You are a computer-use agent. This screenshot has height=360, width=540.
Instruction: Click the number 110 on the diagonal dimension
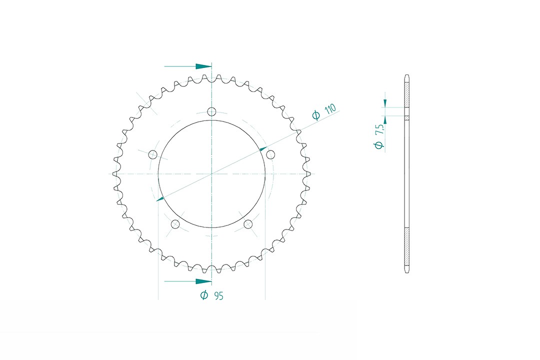tap(330, 110)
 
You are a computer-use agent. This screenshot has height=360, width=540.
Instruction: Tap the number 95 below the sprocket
tap(218, 295)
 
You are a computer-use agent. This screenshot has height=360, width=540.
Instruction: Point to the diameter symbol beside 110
tap(316, 116)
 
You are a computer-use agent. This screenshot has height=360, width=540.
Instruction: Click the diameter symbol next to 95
tap(204, 295)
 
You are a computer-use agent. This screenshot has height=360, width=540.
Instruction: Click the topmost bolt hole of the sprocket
tap(211, 111)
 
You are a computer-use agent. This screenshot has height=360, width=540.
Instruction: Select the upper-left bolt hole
tap(152, 153)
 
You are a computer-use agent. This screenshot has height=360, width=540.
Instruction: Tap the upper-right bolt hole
tap(270, 153)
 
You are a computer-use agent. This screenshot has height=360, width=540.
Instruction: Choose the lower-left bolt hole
tap(175, 224)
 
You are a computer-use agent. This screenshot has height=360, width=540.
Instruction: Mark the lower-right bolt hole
tap(248, 224)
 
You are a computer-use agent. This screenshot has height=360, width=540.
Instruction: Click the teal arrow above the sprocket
tap(203, 66)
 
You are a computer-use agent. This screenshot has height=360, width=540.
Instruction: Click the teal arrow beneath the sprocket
tap(203, 282)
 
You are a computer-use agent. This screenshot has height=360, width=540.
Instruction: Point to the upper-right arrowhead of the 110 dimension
tap(262, 148)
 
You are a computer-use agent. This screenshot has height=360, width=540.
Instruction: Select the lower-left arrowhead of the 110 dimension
tap(160, 199)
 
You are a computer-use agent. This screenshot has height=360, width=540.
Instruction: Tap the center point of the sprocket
tap(211, 173)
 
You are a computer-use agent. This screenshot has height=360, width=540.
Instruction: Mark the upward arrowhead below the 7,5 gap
tap(385, 119)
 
